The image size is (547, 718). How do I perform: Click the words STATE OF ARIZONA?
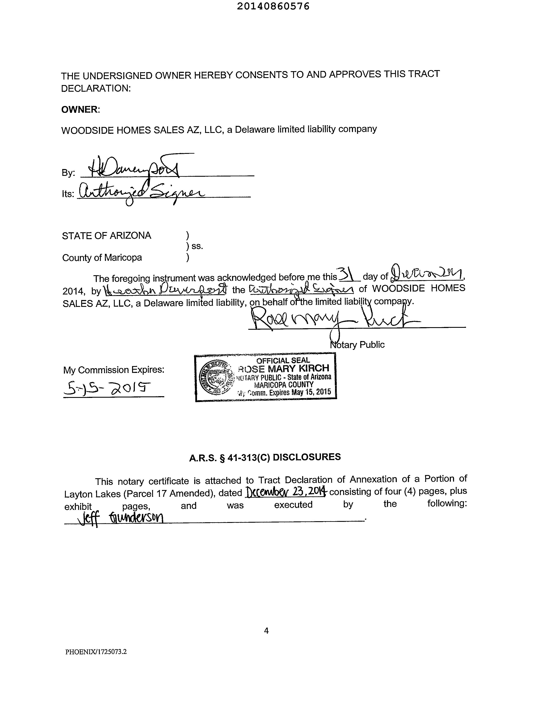point(106,235)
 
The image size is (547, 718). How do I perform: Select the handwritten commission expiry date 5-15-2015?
point(107,388)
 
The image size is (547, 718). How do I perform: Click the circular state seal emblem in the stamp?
point(215,378)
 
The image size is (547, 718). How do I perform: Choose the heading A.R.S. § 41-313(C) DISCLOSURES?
point(265,458)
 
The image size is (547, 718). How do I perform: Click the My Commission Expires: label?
point(114,370)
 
